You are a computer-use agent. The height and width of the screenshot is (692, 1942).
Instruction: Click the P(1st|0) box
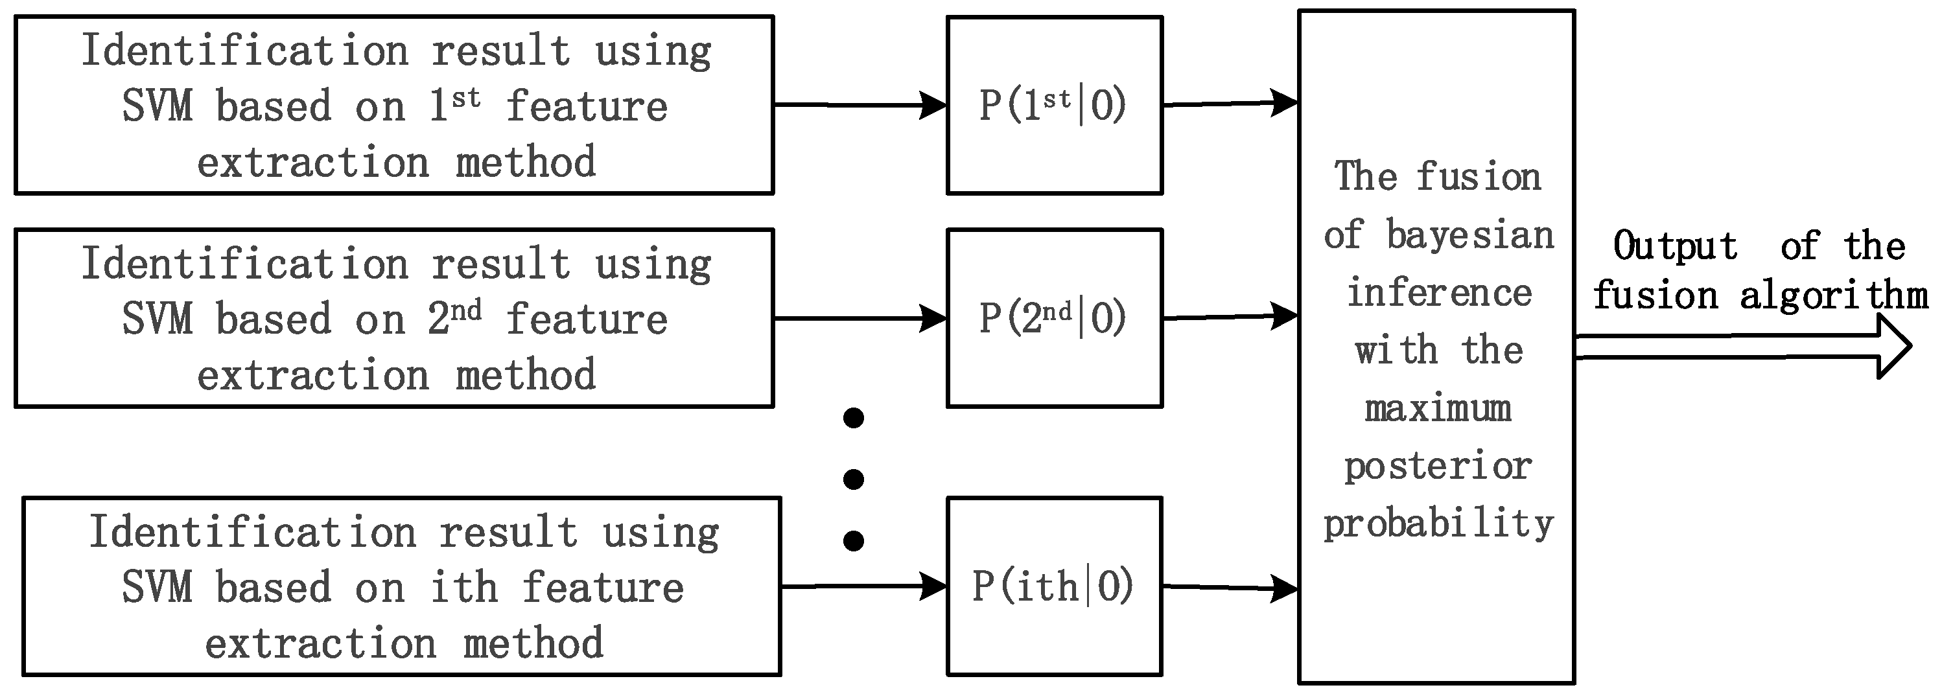click(x=1054, y=106)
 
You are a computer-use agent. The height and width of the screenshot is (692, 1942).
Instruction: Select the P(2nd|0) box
click(x=1054, y=318)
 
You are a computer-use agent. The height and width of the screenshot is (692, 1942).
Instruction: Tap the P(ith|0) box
click(x=1054, y=586)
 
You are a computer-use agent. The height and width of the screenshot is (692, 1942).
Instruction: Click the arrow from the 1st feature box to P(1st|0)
click(x=860, y=105)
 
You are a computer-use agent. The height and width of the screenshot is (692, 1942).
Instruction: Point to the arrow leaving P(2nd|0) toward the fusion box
click(x=1229, y=317)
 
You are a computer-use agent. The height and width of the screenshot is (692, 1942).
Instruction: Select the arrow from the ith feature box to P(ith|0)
click(x=863, y=585)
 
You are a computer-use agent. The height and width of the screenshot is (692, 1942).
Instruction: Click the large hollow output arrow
click(x=1742, y=347)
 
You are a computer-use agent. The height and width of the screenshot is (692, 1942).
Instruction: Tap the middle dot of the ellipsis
click(x=854, y=479)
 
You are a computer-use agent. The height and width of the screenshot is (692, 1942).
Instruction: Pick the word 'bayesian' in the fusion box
click(x=1470, y=235)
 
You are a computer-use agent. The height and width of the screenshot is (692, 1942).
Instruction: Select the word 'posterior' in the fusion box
click(x=1438, y=467)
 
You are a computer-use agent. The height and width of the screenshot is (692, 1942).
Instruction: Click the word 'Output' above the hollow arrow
click(x=1675, y=246)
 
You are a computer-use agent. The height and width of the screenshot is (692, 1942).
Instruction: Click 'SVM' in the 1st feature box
click(x=157, y=106)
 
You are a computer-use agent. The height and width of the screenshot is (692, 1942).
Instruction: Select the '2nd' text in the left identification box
click(x=454, y=317)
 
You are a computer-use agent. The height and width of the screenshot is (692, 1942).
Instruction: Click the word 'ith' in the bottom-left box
click(x=463, y=586)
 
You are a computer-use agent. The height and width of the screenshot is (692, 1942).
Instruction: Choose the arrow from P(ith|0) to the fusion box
click(x=1229, y=586)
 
